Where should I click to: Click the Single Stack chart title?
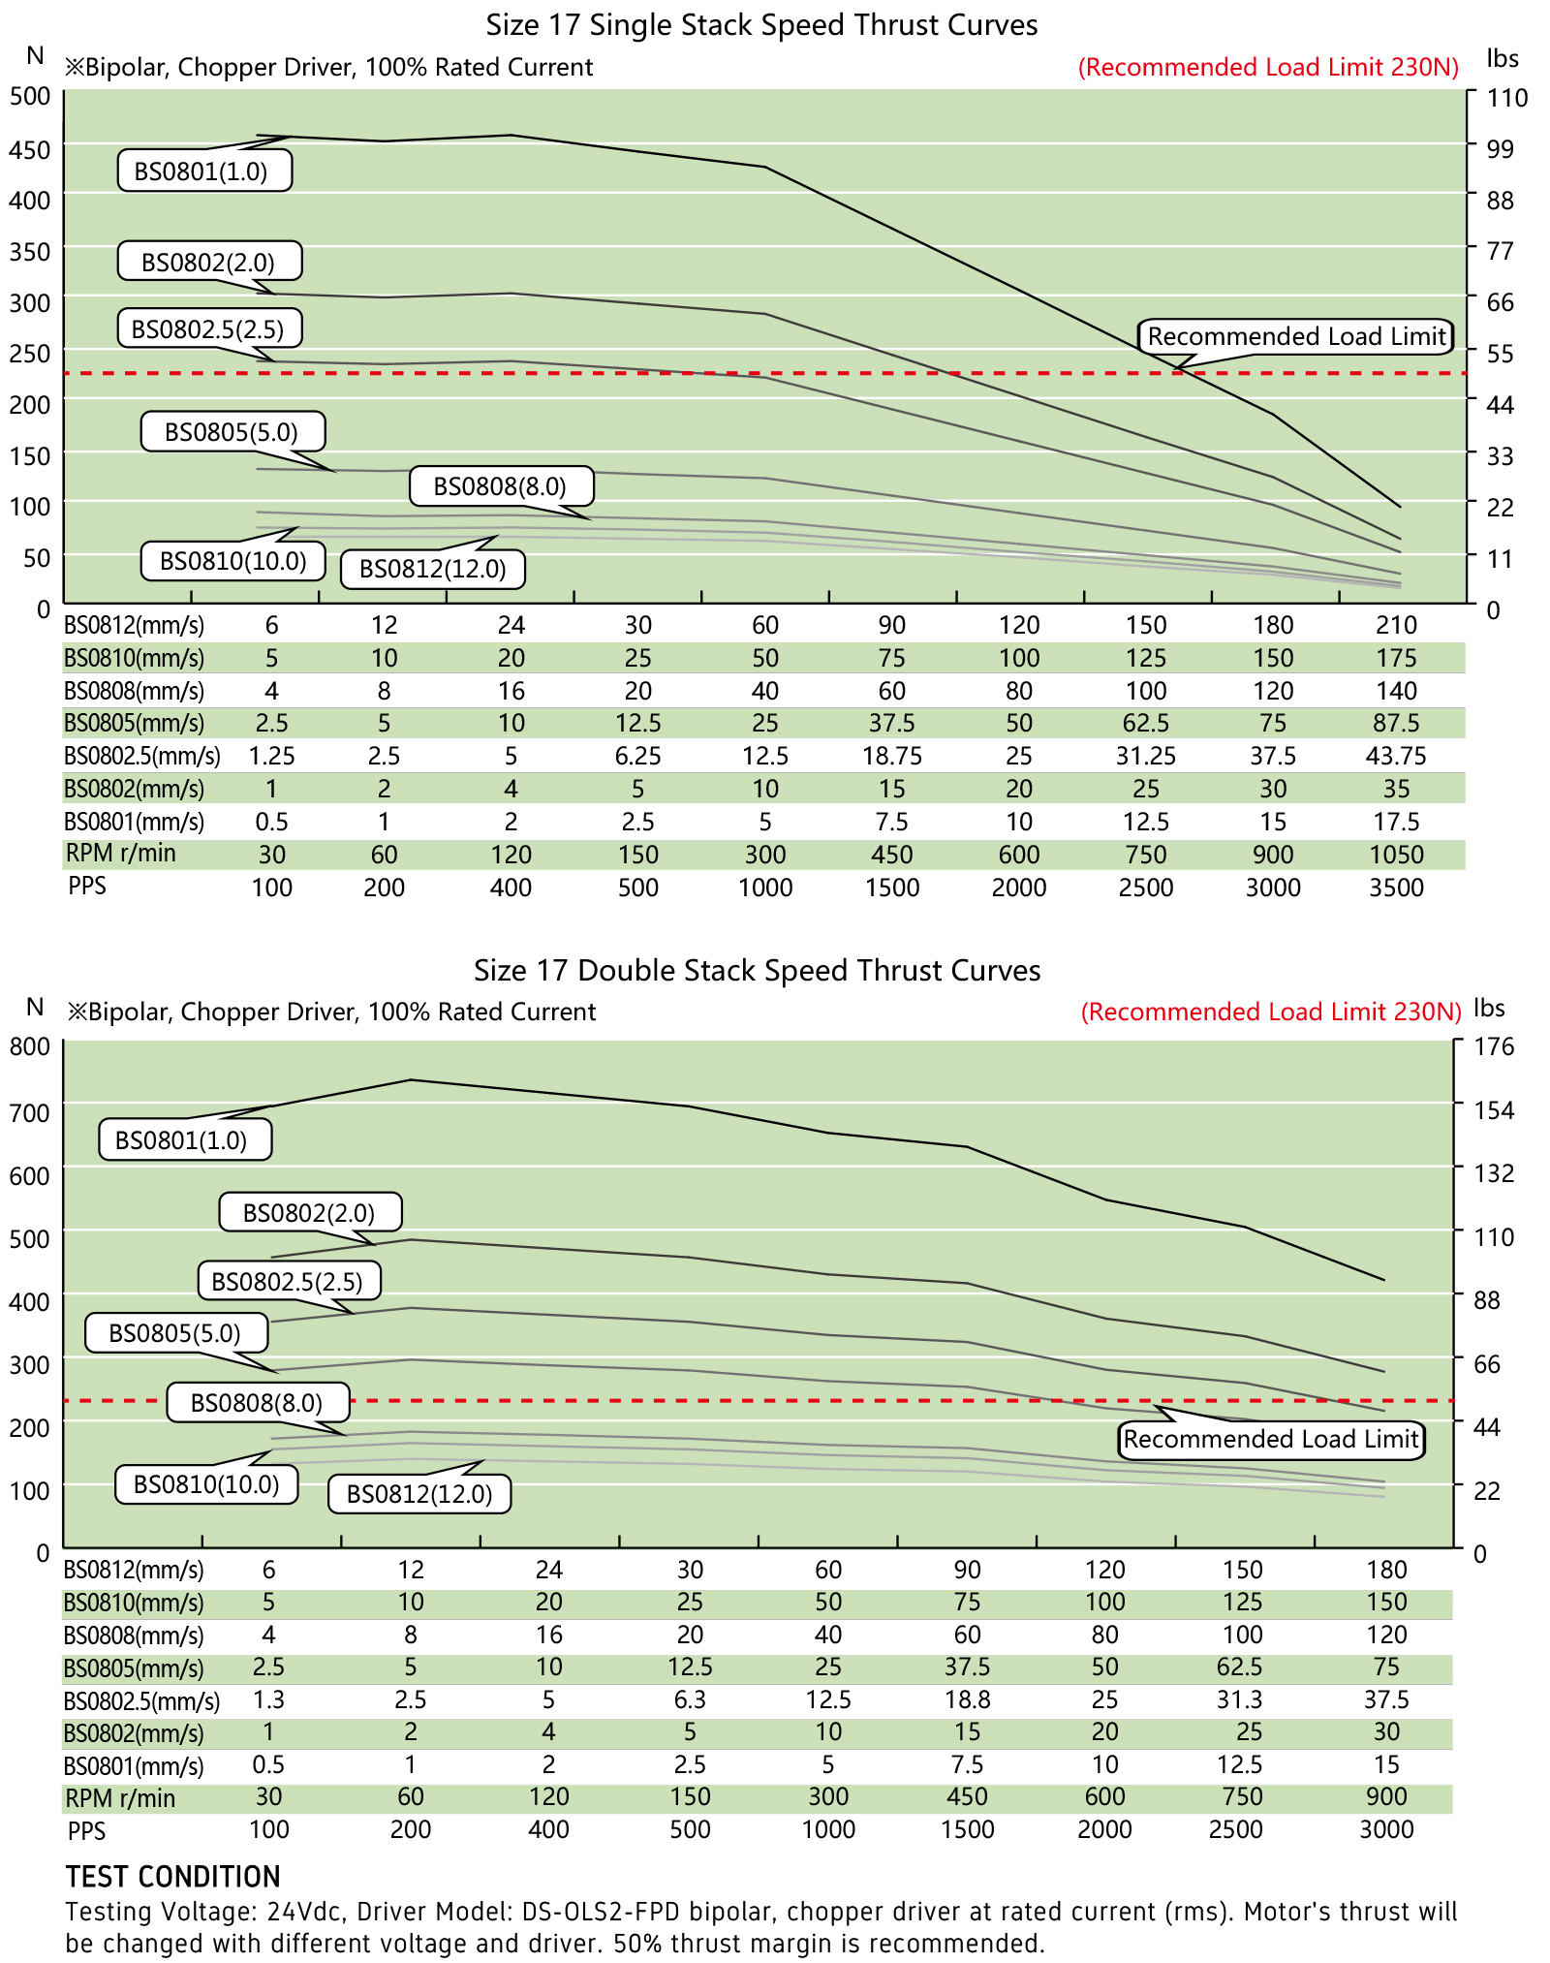pos(761,25)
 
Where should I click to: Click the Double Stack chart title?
pos(757,971)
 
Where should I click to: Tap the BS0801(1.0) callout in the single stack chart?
pos(204,171)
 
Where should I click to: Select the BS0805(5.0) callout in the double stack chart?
pos(175,1333)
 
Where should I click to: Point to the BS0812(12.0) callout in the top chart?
pos(432,569)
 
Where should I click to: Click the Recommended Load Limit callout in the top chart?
pos(1296,336)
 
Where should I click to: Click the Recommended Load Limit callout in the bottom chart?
pos(1271,1439)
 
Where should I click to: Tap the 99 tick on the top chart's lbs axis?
pos(1500,148)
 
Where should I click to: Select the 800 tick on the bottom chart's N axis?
pos(29,1046)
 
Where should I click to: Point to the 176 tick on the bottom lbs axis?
pos(1493,1046)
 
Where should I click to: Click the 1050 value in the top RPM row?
pos(1396,855)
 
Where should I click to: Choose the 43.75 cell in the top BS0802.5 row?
pos(1396,756)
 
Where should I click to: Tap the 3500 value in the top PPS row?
pos(1396,888)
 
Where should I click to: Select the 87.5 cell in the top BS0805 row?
pos(1396,723)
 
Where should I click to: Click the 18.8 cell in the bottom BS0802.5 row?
pos(967,1699)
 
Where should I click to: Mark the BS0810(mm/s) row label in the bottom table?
pos(134,1603)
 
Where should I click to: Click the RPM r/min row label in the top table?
pos(121,854)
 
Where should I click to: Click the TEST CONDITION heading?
pos(172,1877)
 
